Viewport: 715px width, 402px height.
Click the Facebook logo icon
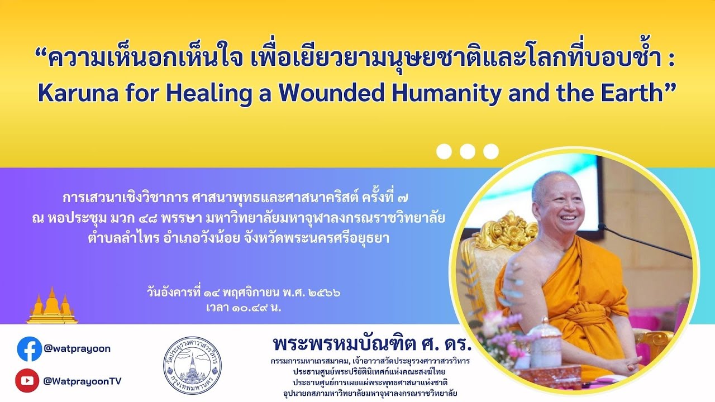30,349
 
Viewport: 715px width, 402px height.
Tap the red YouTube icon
27,381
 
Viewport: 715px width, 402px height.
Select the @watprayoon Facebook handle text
77,348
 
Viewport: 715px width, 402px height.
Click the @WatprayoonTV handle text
82,381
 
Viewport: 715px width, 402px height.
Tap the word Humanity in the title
445,93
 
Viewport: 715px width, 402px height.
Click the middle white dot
468,151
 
